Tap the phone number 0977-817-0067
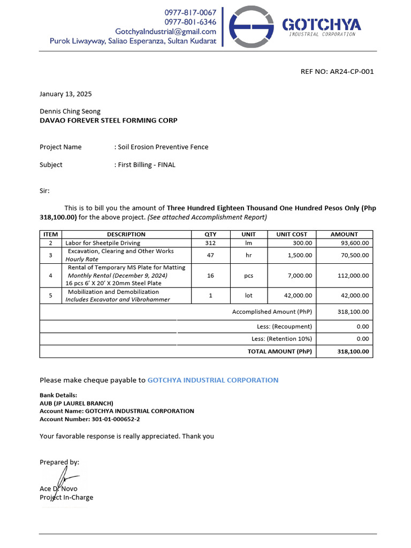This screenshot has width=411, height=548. (x=190, y=12)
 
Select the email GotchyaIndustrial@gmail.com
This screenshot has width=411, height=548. (x=166, y=32)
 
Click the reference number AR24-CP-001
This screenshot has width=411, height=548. (x=352, y=72)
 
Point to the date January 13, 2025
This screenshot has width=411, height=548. (x=66, y=94)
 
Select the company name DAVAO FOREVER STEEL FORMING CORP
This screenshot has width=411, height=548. (x=109, y=120)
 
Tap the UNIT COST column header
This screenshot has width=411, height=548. (x=292, y=234)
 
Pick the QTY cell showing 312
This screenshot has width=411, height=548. (x=210, y=243)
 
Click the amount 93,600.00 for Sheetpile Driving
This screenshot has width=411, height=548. (x=355, y=243)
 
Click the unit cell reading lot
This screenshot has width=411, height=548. (x=248, y=295)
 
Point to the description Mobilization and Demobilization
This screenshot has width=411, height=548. (x=113, y=292)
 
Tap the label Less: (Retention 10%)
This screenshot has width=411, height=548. (x=281, y=339)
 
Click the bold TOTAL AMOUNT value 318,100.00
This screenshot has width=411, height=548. (x=353, y=352)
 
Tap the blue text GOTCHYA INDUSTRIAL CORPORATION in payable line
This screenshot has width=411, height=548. (x=212, y=380)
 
